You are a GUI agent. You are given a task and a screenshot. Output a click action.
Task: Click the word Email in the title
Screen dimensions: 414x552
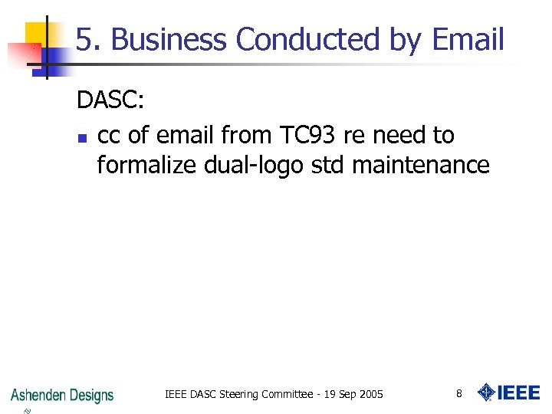[x=468, y=40]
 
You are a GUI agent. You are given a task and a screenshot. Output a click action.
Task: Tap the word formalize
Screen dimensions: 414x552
[x=146, y=165]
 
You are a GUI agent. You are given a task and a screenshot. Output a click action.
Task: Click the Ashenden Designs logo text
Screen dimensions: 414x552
[x=62, y=395]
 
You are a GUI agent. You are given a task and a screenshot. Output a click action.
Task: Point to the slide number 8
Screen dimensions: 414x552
[x=458, y=394]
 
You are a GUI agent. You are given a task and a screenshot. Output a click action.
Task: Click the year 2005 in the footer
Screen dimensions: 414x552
[x=371, y=395]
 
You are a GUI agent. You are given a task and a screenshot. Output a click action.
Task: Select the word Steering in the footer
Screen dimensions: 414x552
[x=239, y=395]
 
